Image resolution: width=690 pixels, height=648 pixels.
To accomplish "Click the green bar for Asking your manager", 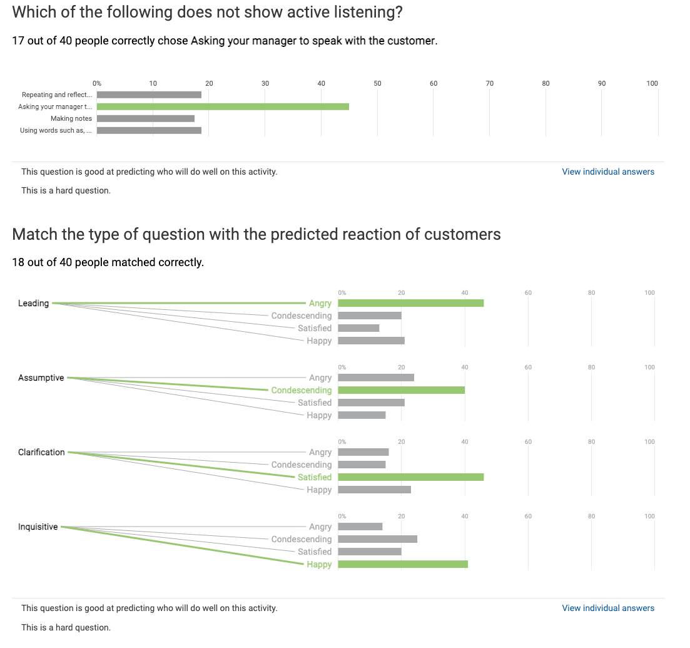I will (x=223, y=106).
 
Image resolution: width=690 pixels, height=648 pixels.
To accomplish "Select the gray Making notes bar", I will (x=145, y=118).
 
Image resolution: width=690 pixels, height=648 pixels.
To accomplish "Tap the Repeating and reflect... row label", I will (x=57, y=95).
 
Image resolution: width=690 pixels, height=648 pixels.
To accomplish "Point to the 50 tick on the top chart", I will (x=377, y=83).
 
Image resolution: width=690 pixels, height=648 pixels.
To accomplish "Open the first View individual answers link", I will (x=607, y=172).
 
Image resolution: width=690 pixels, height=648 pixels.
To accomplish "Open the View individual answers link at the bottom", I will (x=607, y=608).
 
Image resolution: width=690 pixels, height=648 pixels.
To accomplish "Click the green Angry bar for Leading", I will (x=410, y=303).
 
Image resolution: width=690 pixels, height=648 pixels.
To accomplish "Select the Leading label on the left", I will (x=33, y=303).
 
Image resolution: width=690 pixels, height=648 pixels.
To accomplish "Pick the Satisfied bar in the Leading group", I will (x=358, y=328).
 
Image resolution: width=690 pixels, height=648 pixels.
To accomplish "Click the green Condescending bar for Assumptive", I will (x=401, y=390).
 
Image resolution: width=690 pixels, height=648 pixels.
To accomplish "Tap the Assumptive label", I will (x=41, y=378).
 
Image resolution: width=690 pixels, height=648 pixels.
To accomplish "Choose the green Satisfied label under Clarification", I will (x=315, y=477).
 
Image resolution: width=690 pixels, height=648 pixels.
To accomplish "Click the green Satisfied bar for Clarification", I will (x=410, y=477).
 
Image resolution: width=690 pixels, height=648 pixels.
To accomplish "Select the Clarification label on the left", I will (x=41, y=452).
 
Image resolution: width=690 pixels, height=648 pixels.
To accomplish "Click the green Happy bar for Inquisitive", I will (x=403, y=564).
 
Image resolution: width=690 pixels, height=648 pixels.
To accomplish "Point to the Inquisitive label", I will (x=38, y=527).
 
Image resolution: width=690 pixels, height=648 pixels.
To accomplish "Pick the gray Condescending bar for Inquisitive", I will (x=377, y=539).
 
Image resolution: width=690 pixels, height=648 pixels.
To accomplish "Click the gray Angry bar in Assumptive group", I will (x=376, y=378).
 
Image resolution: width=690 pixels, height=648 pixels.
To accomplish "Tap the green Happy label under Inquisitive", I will (x=319, y=564).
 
